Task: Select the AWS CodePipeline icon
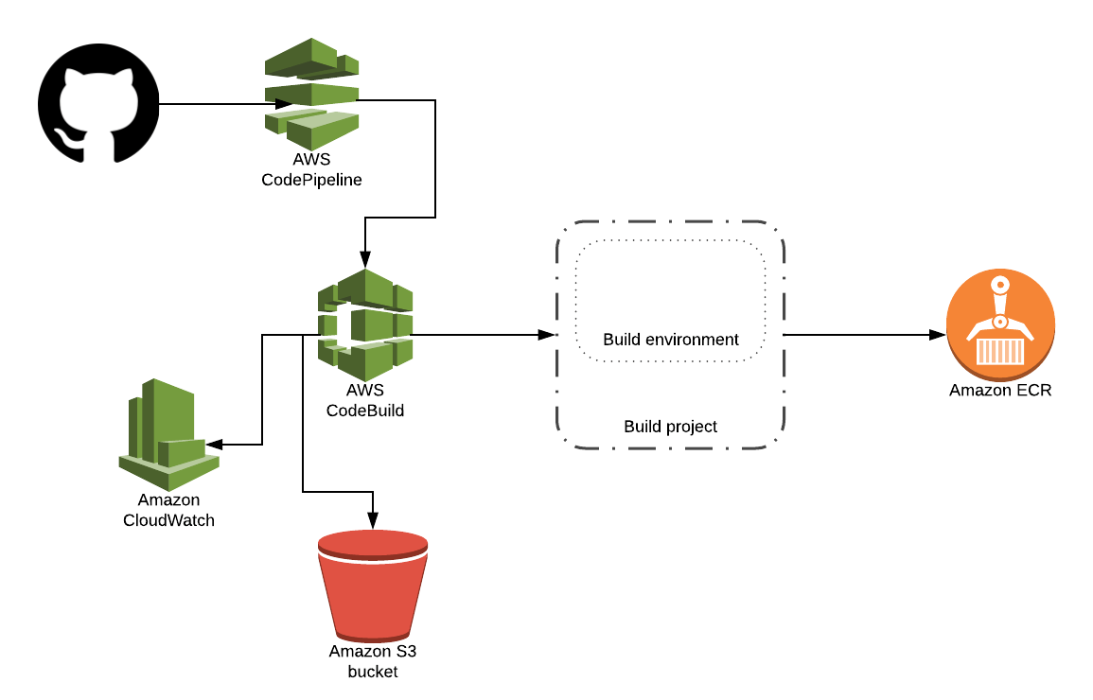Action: coord(311,93)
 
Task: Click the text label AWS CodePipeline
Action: coord(311,169)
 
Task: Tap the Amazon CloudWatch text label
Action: coord(168,510)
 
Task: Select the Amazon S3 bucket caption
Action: coord(373,660)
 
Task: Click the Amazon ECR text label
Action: coord(1000,390)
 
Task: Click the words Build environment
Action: coord(670,339)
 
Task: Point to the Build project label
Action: coord(670,427)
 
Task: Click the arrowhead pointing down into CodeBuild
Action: coord(365,259)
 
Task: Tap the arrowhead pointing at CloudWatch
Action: coord(213,445)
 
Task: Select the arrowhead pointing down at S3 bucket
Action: coord(373,520)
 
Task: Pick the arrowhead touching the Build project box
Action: coord(546,335)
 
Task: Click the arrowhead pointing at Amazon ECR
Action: coord(938,335)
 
